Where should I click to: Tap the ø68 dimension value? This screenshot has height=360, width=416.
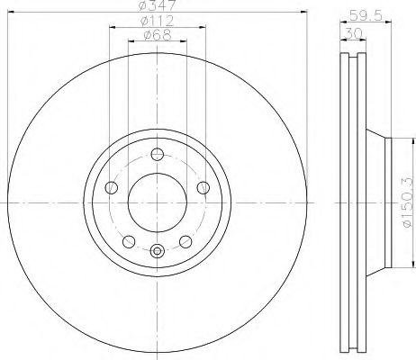tap(157, 37)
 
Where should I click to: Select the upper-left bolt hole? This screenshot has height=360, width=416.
tap(113, 187)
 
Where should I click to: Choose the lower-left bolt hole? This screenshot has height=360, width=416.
tap(129, 240)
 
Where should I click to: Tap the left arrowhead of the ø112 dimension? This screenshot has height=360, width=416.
tap(112, 28)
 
